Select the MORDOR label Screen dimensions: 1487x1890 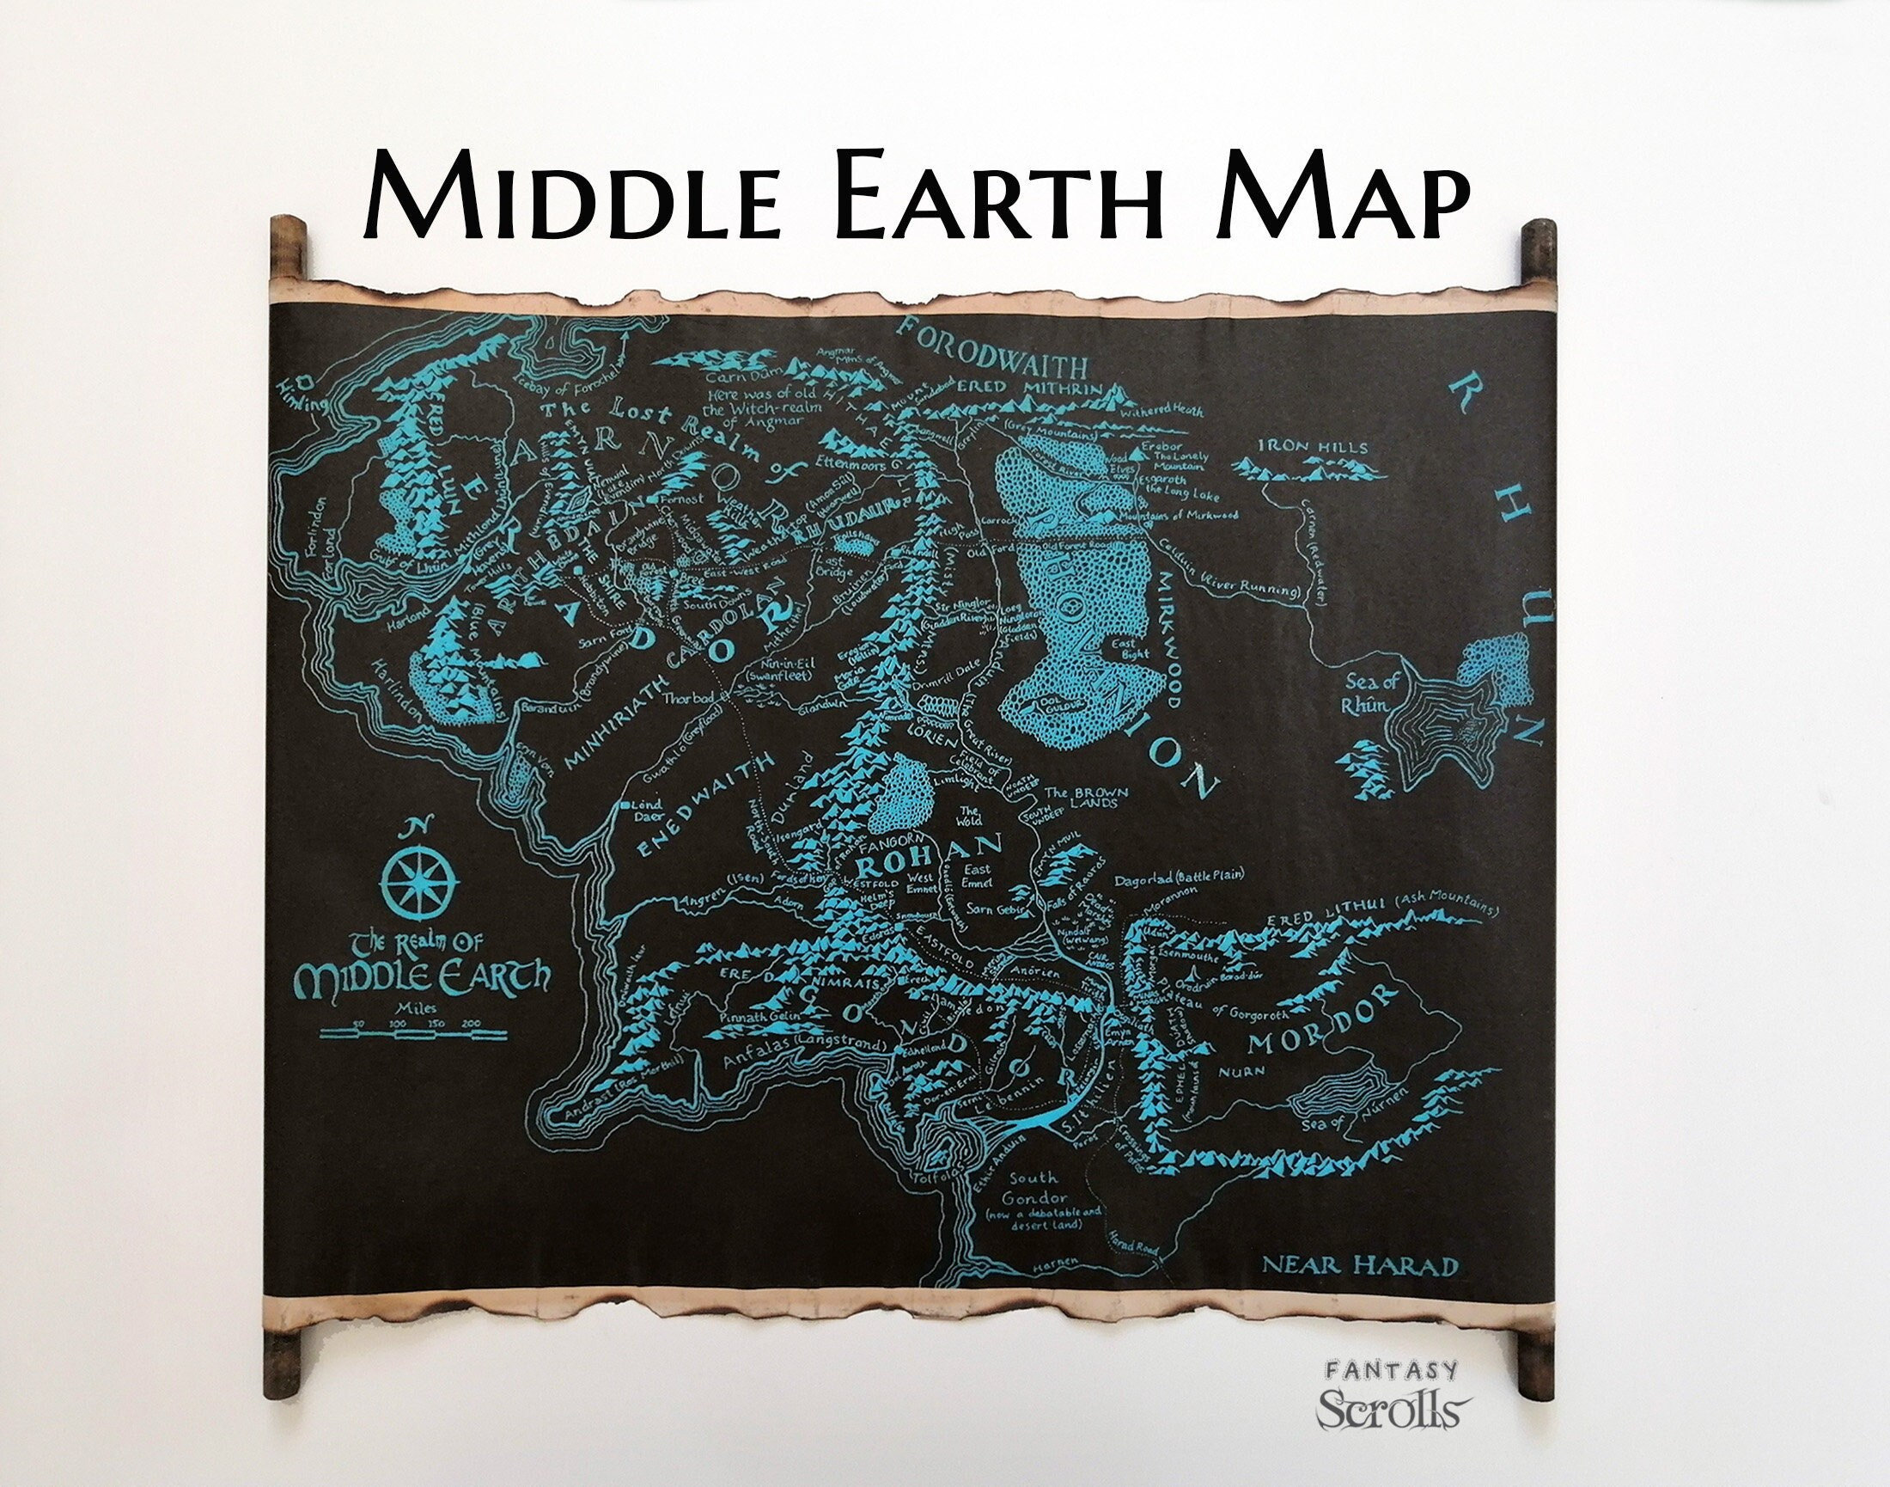click(x=1320, y=1028)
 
